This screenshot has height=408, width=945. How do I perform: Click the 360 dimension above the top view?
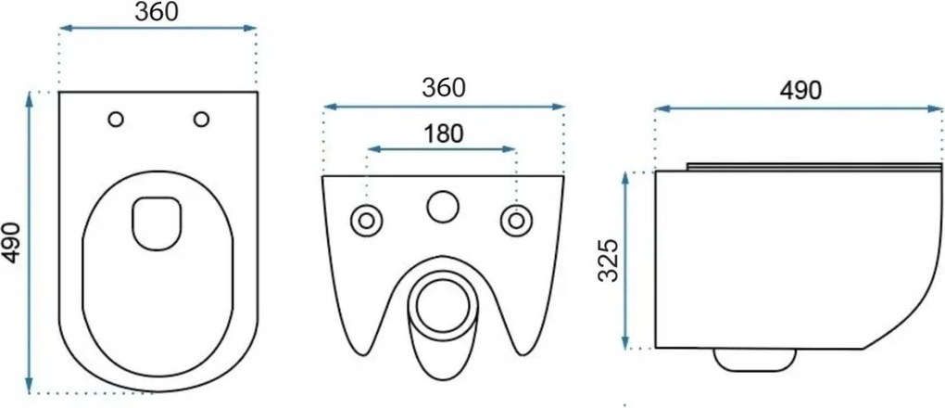pyautogui.click(x=156, y=12)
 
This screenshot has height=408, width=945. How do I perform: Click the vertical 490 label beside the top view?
pyautogui.click(x=11, y=243)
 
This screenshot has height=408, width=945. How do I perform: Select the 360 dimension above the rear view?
pyautogui.click(x=444, y=88)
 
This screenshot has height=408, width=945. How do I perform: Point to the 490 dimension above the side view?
pyautogui.click(x=800, y=90)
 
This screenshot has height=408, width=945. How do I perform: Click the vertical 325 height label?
pyautogui.click(x=610, y=261)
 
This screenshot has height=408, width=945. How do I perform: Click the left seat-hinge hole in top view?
pyautogui.click(x=116, y=120)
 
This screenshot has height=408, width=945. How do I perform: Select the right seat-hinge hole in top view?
pyautogui.click(x=201, y=120)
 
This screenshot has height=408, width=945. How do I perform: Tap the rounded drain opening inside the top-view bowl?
pyautogui.click(x=157, y=223)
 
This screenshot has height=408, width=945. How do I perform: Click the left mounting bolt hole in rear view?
pyautogui.click(x=367, y=221)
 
